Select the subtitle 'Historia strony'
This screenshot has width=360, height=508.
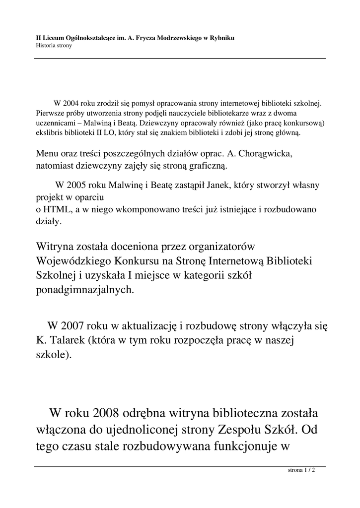click(x=54, y=46)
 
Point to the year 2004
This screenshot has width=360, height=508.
click(x=72, y=104)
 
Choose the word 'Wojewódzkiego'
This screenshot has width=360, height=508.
click(x=73, y=261)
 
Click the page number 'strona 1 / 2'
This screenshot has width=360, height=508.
click(x=302, y=470)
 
